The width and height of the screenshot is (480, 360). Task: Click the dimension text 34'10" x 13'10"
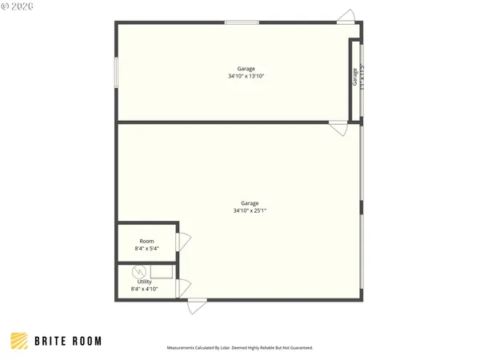click(x=246, y=76)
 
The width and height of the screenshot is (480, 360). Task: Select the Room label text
click(x=146, y=241)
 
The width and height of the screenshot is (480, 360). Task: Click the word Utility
click(x=144, y=282)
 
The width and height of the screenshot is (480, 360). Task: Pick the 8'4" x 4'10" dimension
click(x=144, y=289)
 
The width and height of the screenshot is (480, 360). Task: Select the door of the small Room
click(x=183, y=241)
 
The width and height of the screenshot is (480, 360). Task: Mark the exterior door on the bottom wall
click(x=197, y=306)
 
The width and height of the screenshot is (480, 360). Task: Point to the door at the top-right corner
click(x=345, y=17)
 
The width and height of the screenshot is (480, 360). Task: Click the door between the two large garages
click(x=338, y=127)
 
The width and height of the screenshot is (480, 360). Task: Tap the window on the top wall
click(x=242, y=22)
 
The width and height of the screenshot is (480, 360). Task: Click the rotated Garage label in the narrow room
click(x=355, y=77)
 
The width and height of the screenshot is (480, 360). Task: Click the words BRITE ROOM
click(x=68, y=341)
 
